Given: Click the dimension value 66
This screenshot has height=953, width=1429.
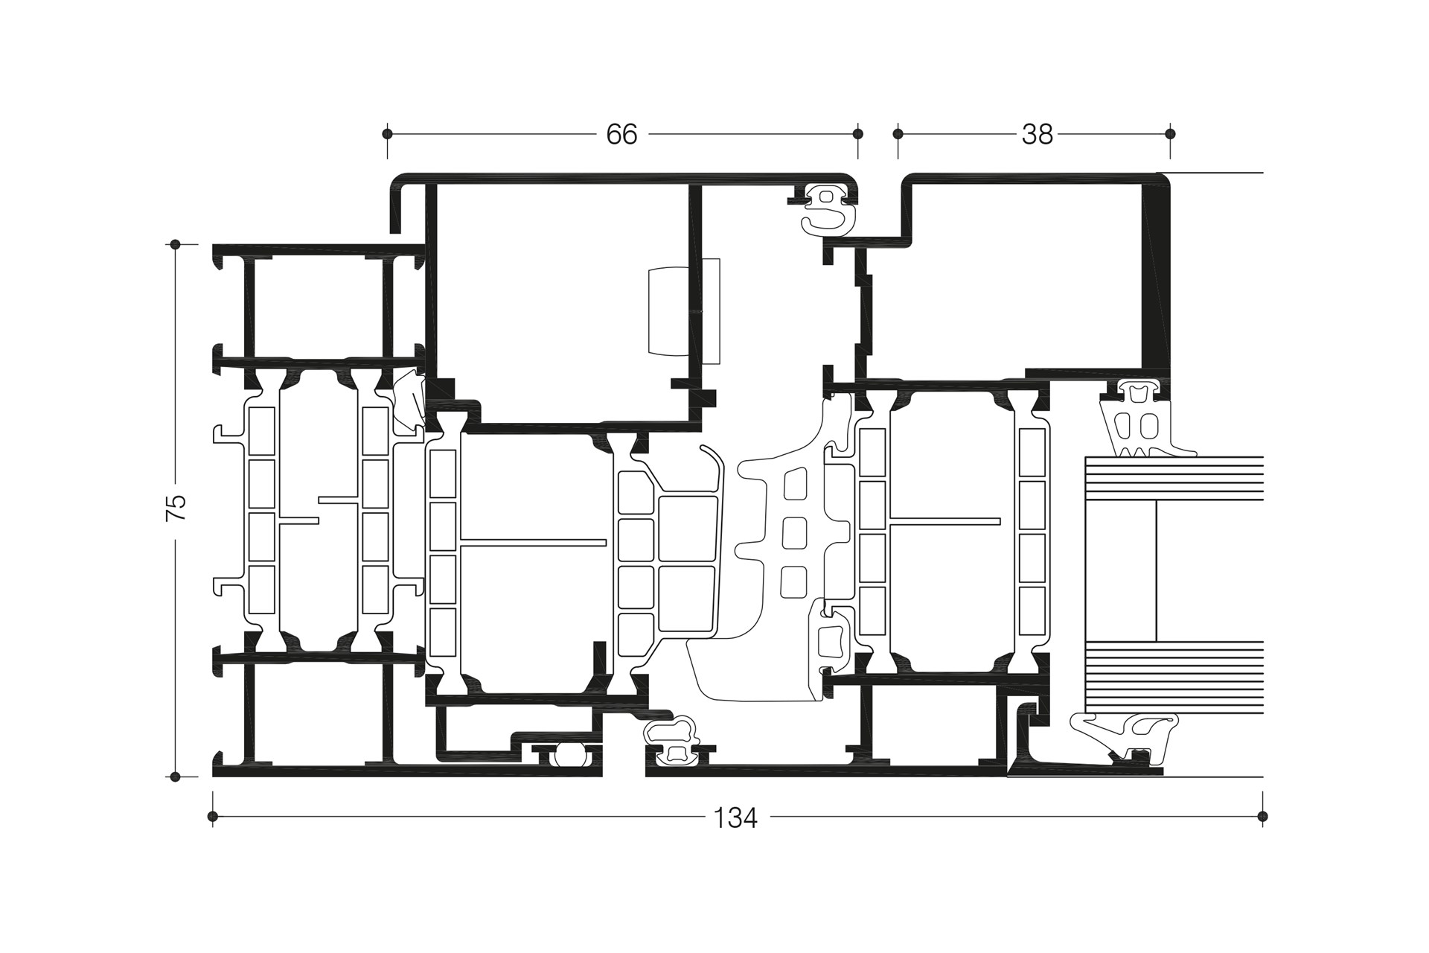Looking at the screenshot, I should tap(621, 135).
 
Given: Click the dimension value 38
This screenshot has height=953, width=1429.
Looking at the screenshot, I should tap(1037, 135).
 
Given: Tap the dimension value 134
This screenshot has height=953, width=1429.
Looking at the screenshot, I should tap(735, 818).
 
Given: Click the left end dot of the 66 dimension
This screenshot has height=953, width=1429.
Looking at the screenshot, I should tap(387, 134).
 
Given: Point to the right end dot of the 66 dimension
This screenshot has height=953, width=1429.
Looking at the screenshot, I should tap(857, 134).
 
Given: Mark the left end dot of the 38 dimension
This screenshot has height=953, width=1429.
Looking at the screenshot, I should tap(898, 134).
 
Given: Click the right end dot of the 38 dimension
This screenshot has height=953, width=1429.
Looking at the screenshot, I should tap(1170, 134).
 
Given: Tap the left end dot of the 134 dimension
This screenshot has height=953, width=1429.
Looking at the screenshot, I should tap(213, 817).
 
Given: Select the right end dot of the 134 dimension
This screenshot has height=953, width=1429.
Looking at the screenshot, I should tap(1262, 817).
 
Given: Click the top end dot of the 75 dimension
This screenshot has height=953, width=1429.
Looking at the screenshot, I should tap(176, 244).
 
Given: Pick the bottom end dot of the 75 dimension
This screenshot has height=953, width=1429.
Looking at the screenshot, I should tap(176, 777).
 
